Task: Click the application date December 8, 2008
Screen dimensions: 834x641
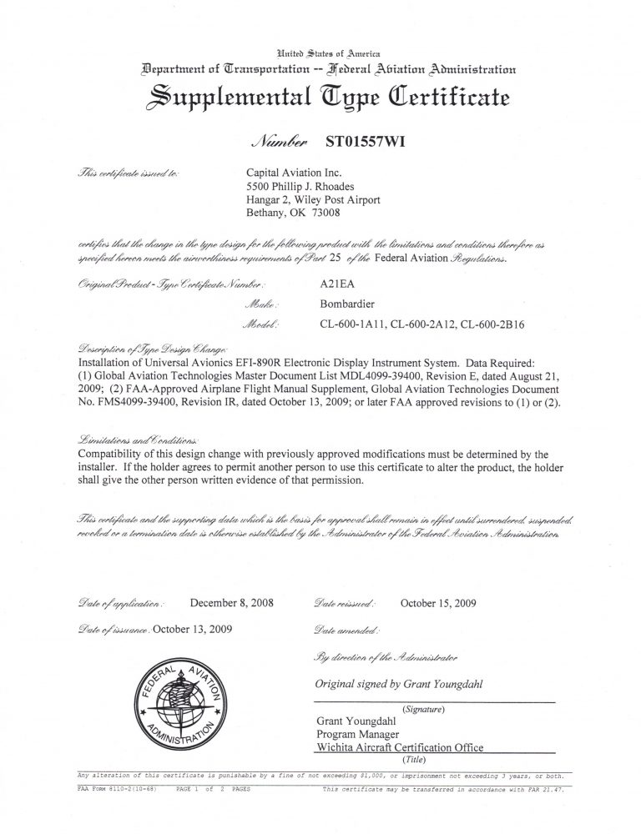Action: [x=232, y=601]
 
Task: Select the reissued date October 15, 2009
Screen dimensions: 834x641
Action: [x=438, y=601]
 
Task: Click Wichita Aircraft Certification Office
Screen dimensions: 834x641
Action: [x=399, y=747]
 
